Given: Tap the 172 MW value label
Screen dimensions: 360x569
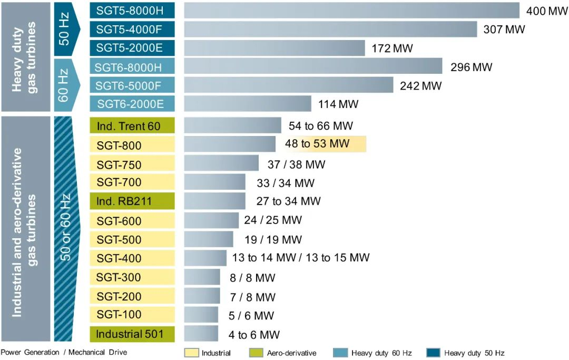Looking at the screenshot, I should [392, 48].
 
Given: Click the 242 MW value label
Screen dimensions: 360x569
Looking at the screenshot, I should [420, 85].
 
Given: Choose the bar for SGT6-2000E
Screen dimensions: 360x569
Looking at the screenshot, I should [248, 104].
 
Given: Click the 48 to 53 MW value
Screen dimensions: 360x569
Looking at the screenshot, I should [317, 144].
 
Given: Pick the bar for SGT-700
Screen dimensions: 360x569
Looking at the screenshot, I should [214, 183].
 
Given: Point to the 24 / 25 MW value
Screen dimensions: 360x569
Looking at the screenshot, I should [273, 220].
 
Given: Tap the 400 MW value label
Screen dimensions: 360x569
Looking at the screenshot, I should [547, 11].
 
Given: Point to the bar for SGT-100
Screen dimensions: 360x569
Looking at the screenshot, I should [201, 315].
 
